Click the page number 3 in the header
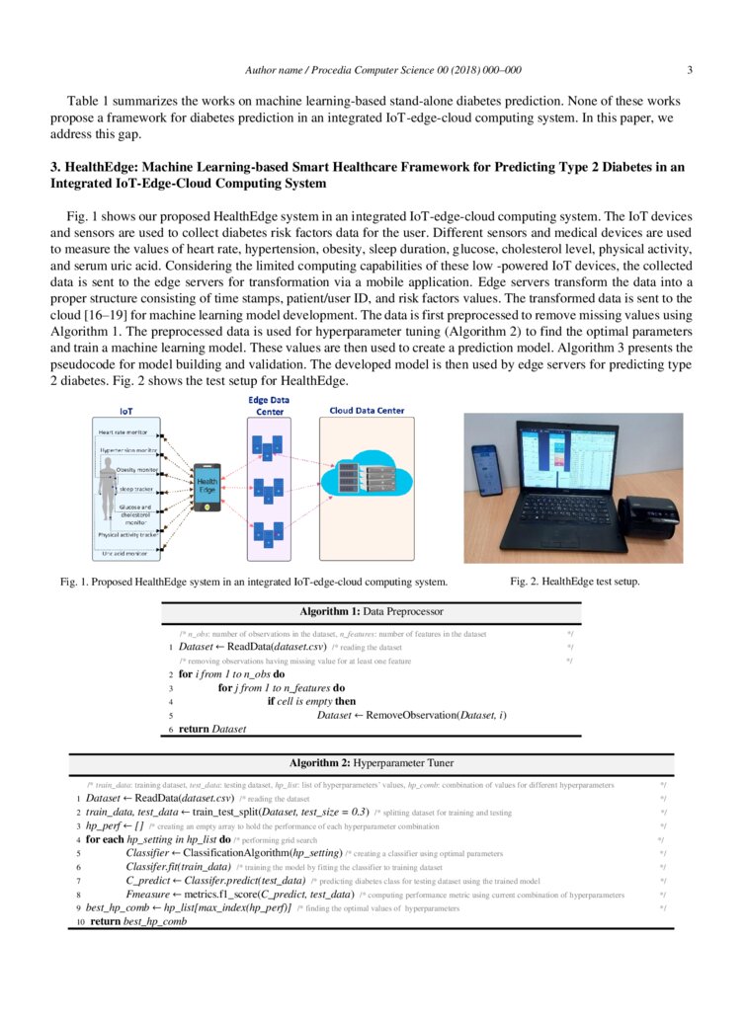689,69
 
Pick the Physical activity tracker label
127,534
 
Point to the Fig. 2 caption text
574,582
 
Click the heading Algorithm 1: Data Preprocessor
373,612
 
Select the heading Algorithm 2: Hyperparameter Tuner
373,763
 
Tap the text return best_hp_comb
138,920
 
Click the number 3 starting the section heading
54,167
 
